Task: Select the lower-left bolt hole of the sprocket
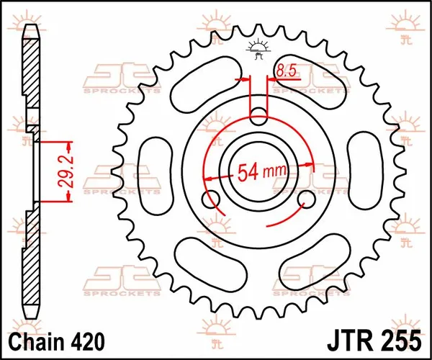213,199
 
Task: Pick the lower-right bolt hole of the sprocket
305,198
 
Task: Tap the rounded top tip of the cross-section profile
31,32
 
